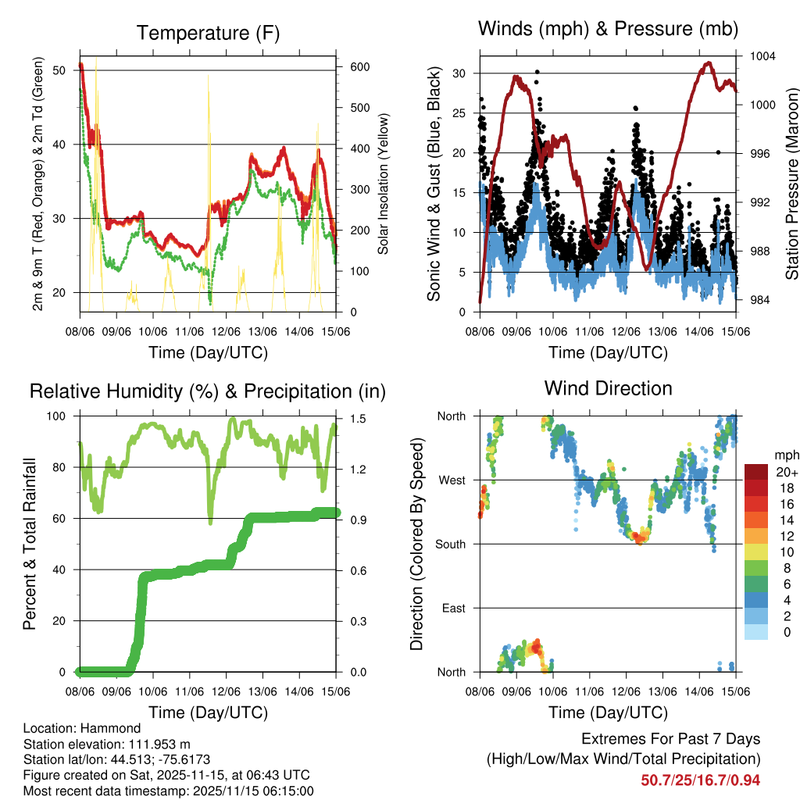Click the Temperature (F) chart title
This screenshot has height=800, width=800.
pos(208,33)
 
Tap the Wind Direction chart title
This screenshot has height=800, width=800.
pos(608,387)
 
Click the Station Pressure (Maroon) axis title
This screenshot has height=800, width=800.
pos(791,184)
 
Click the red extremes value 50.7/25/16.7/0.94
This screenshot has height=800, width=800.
pos(701,780)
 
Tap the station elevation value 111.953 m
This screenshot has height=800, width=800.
pos(154,744)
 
